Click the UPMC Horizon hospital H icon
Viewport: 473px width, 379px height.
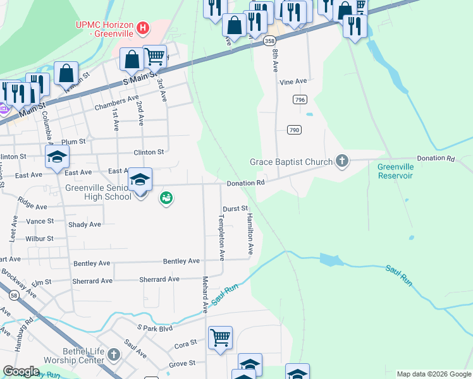coord(144,28)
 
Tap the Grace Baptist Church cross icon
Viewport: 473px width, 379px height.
coord(341,161)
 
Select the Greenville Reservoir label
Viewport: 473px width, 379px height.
coord(395,171)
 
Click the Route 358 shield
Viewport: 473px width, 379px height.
coord(270,41)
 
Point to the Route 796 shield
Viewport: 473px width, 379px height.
coord(300,100)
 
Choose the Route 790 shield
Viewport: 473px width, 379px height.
coord(294,129)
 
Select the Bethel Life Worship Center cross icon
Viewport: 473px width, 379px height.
coord(114,354)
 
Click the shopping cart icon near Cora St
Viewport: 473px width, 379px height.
coord(220,337)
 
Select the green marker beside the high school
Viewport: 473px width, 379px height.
coord(166,198)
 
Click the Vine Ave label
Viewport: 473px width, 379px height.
coord(293,81)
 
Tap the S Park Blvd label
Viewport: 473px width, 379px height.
coord(155,328)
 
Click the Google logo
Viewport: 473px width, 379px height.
coord(21,371)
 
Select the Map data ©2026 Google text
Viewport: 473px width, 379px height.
coord(433,374)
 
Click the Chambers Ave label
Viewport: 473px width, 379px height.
coord(116,100)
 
